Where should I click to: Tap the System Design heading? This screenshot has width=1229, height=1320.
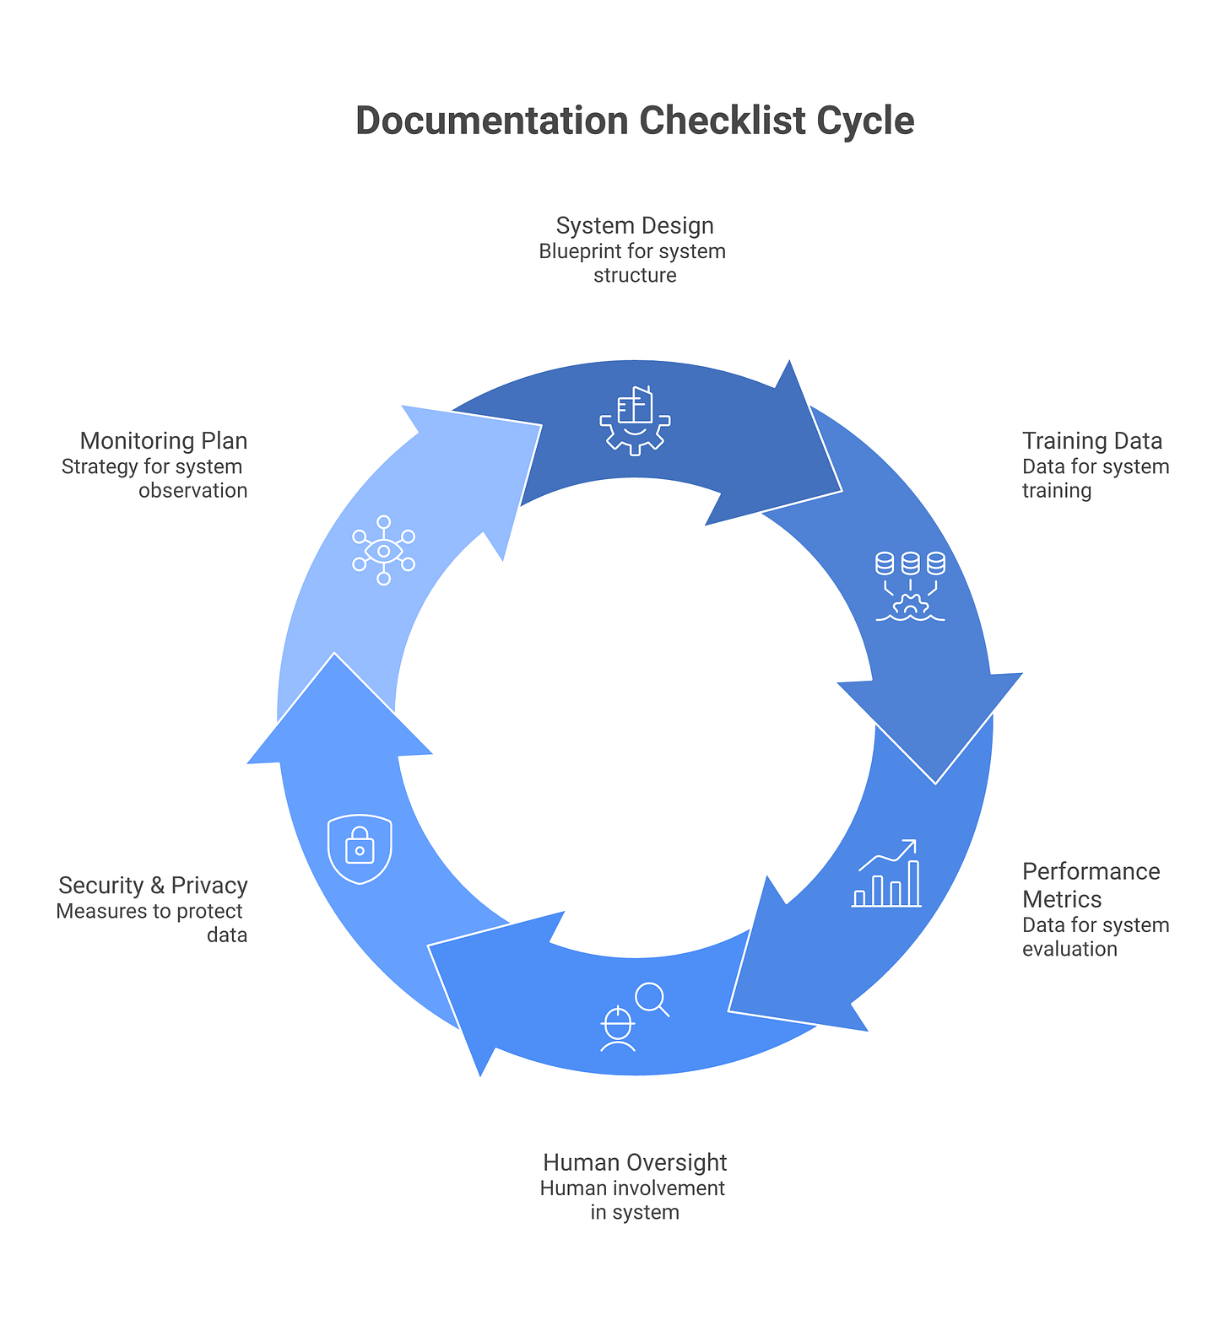tap(635, 226)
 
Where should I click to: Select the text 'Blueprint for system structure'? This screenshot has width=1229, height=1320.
tap(633, 263)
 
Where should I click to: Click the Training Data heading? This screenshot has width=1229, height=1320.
tap(1091, 441)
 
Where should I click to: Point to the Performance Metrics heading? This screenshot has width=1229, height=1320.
tap(1091, 885)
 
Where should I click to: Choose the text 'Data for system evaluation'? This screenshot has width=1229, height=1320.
tap(1095, 937)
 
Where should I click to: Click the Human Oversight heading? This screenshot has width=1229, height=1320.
tap(635, 1162)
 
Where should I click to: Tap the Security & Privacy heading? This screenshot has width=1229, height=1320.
tap(153, 886)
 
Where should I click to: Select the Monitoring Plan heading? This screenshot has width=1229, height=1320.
tap(163, 441)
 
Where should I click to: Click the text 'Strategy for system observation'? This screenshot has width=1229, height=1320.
tap(154, 478)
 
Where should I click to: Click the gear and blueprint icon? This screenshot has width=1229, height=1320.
tap(635, 421)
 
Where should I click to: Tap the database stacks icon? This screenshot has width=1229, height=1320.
tap(910, 585)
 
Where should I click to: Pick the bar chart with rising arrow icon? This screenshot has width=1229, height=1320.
tap(886, 874)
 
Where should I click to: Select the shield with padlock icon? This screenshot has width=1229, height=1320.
tap(360, 849)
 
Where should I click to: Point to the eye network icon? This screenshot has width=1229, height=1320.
tap(383, 550)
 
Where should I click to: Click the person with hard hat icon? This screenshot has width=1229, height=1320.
tap(617, 1029)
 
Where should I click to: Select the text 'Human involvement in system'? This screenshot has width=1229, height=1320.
tap(633, 1200)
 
